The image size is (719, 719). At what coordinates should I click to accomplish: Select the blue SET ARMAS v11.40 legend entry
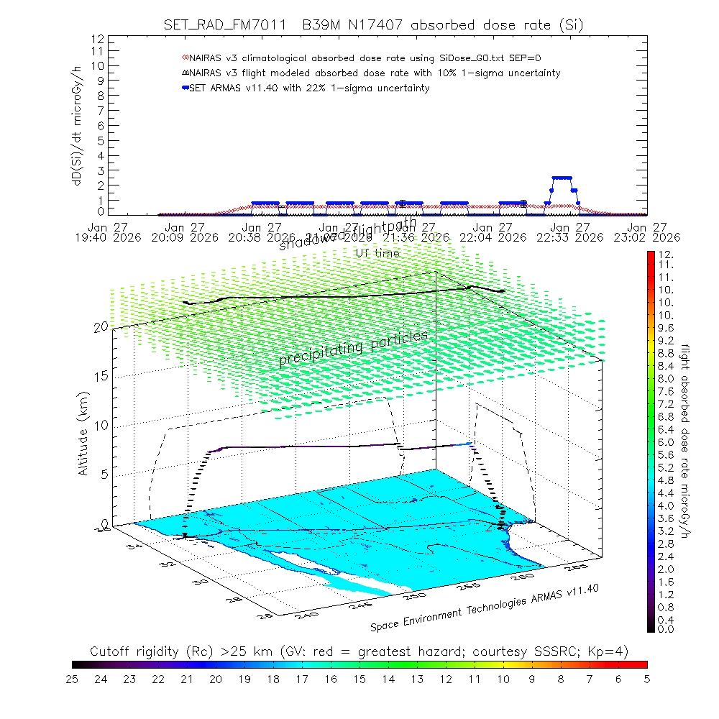click(x=309, y=88)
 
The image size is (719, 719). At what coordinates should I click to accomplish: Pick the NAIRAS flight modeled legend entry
click(x=370, y=73)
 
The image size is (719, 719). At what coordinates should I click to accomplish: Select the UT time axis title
click(x=377, y=253)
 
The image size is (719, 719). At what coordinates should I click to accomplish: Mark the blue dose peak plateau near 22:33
click(x=562, y=178)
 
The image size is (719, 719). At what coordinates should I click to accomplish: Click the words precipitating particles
click(x=353, y=347)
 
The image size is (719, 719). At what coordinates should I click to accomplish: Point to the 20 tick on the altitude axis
click(x=101, y=326)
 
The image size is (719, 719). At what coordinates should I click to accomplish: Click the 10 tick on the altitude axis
click(x=101, y=425)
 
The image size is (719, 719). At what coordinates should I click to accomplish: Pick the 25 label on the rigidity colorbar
click(x=73, y=677)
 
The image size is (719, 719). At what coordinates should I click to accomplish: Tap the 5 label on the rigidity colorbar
click(x=646, y=677)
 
